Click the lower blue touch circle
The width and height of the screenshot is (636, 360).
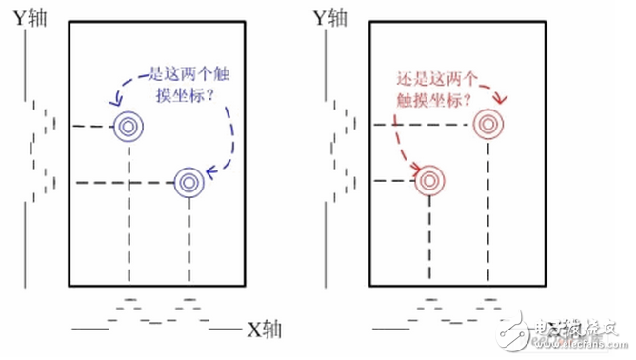(x=188, y=182)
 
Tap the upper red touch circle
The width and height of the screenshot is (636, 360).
(x=488, y=125)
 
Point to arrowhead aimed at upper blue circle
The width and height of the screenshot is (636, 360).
(x=113, y=101)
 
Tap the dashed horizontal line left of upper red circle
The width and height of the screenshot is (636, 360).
(x=419, y=125)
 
